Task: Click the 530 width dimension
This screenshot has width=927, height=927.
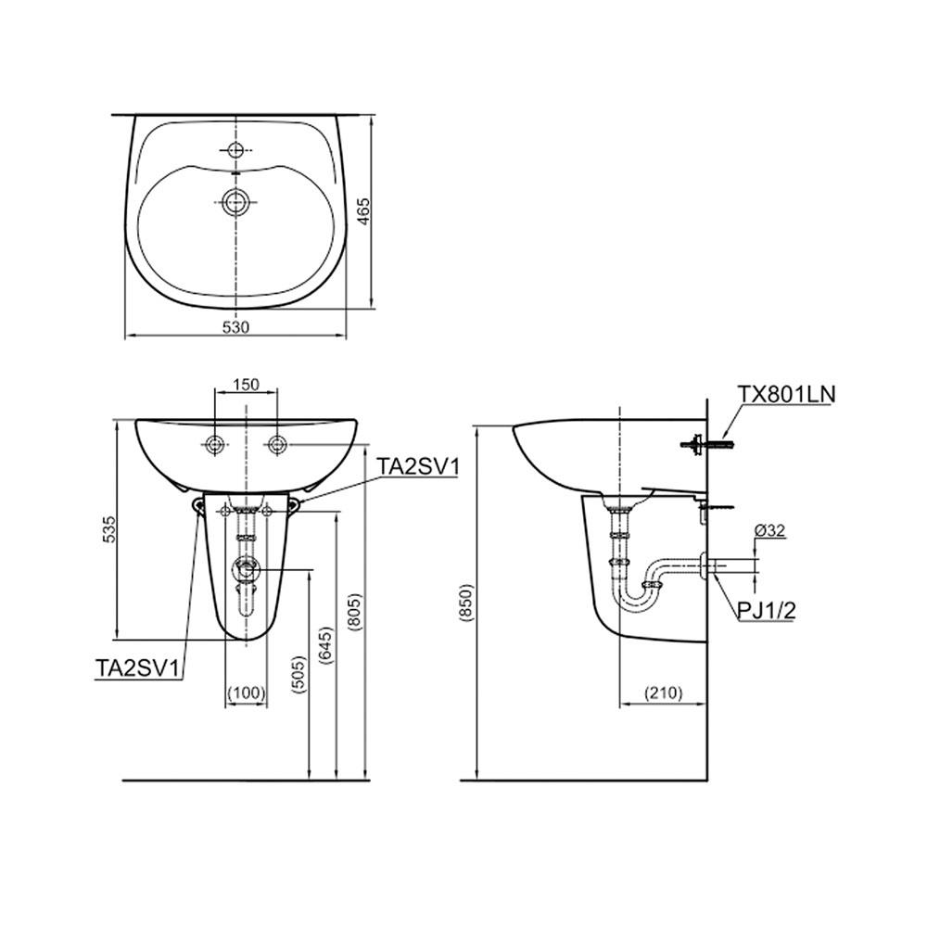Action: pos(235,327)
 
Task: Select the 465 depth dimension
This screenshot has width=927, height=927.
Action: pos(364,211)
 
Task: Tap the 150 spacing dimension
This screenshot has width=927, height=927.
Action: pos(246,385)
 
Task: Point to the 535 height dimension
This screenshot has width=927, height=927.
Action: pos(109,528)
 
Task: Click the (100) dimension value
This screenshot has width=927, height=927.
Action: pos(247,692)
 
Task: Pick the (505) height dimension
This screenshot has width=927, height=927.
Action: pos(299,673)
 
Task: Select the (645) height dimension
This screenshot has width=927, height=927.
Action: pos(326,645)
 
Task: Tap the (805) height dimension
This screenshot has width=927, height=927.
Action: pos(354,613)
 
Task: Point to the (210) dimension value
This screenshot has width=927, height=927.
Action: pos(663,692)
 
